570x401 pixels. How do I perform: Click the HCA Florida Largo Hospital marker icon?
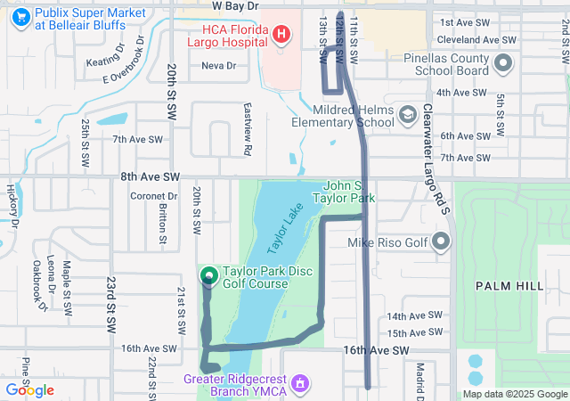click(281, 35)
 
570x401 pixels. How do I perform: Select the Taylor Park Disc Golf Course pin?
click(209, 276)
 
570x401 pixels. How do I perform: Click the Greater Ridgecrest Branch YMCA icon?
click(301, 382)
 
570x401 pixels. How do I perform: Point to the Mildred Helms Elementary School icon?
click(407, 114)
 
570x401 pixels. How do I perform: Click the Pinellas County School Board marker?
click(502, 62)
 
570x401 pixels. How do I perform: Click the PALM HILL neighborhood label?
click(509, 285)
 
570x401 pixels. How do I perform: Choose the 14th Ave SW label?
click(414, 315)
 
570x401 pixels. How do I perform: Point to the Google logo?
click(30, 390)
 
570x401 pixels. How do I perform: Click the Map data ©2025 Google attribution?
click(515, 394)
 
